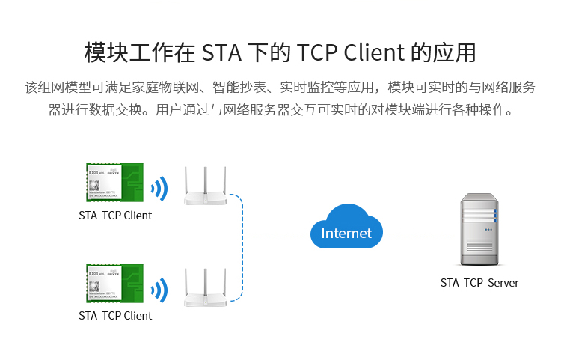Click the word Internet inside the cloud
pos(346,233)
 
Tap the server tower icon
pos(479,231)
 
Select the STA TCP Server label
pos(479,283)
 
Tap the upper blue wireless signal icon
pos(159,189)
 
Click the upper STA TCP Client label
pos(115,216)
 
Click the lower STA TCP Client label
pos(115,316)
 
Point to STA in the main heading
pos(222,54)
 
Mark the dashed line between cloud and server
pos(419,237)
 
